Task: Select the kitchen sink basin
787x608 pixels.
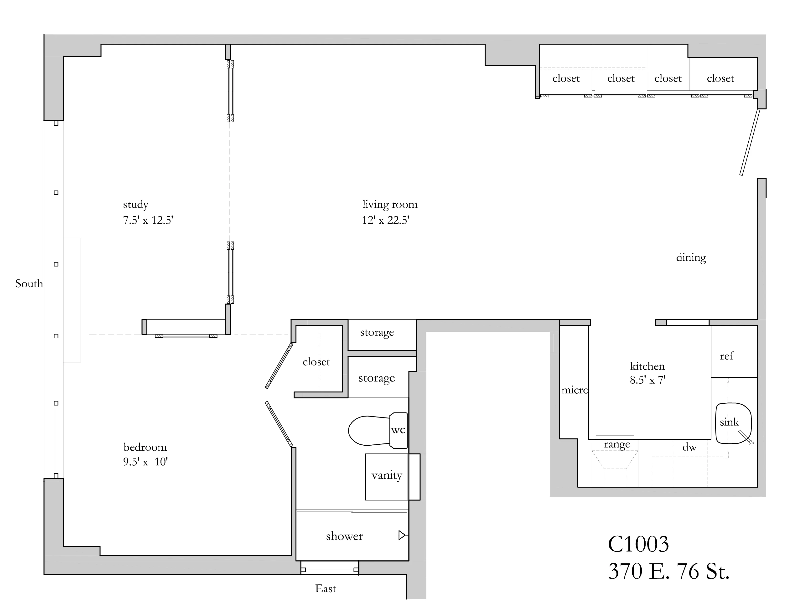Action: (x=733, y=423)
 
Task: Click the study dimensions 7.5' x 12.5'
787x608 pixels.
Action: (x=148, y=220)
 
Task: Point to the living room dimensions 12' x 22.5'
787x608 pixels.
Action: (x=386, y=220)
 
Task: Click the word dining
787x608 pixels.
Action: (x=691, y=258)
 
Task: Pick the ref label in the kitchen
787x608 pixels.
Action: (x=726, y=356)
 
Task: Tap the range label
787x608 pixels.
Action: (x=617, y=444)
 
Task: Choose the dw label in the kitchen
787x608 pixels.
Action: (x=689, y=447)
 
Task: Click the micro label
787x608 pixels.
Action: (x=575, y=390)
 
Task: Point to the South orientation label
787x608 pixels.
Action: (x=29, y=284)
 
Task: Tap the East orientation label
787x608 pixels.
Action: (x=325, y=588)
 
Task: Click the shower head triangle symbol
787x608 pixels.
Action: (x=402, y=535)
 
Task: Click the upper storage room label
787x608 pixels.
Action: (x=377, y=332)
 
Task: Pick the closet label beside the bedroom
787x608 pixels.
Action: (x=316, y=362)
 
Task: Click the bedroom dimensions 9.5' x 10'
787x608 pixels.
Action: (x=145, y=462)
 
